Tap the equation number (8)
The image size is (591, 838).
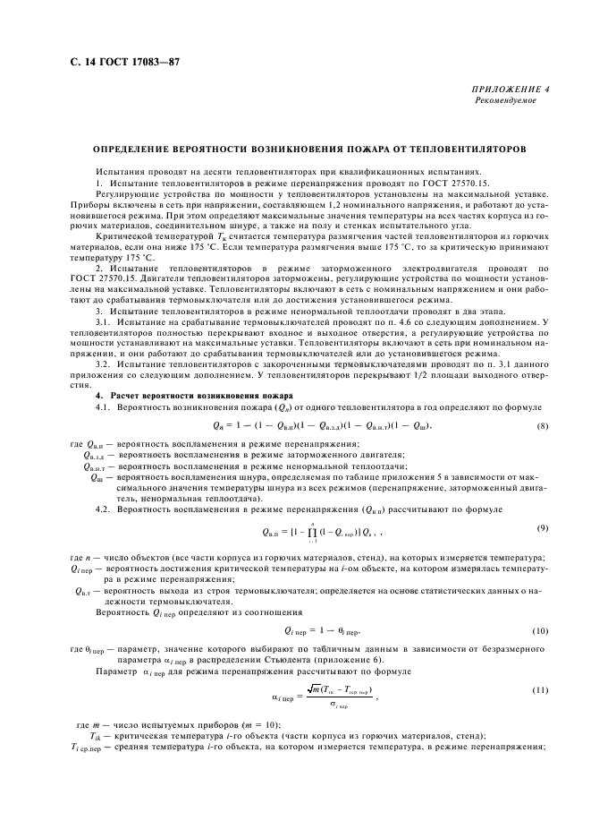(x=542, y=425)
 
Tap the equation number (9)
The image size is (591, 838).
(x=542, y=526)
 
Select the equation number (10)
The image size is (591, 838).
(x=541, y=631)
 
